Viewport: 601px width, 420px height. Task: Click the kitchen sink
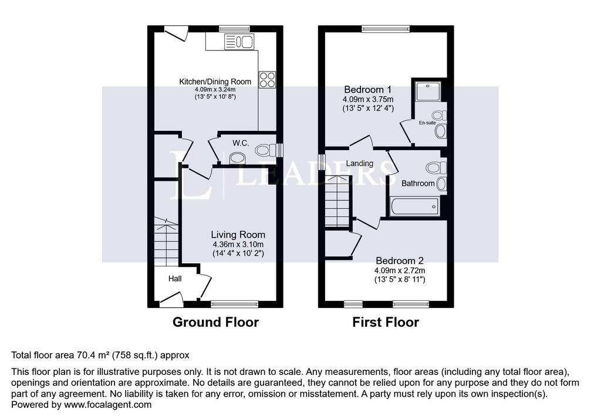click(x=239, y=42)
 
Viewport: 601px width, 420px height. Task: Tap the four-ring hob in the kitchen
click(x=267, y=80)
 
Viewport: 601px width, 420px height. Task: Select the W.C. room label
click(x=241, y=143)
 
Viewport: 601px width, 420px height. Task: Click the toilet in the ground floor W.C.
click(x=265, y=150)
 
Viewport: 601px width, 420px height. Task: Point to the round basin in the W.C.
click(x=237, y=158)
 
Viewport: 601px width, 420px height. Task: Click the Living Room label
click(x=238, y=235)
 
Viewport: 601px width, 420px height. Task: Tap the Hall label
click(x=175, y=279)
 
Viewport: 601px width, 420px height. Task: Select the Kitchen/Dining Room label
click(x=215, y=82)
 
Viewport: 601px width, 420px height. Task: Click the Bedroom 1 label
click(x=368, y=90)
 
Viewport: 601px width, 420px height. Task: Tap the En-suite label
click(x=427, y=123)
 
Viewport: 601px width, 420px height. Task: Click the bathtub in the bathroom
click(x=414, y=207)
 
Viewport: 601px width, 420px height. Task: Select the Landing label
click(x=360, y=163)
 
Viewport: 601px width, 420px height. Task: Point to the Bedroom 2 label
click(x=399, y=260)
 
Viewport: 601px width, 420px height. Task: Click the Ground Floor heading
click(x=216, y=322)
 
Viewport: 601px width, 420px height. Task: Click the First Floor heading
click(x=386, y=322)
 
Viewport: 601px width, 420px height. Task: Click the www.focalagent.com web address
click(x=108, y=405)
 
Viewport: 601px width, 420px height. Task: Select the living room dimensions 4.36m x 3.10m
click(x=238, y=245)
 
